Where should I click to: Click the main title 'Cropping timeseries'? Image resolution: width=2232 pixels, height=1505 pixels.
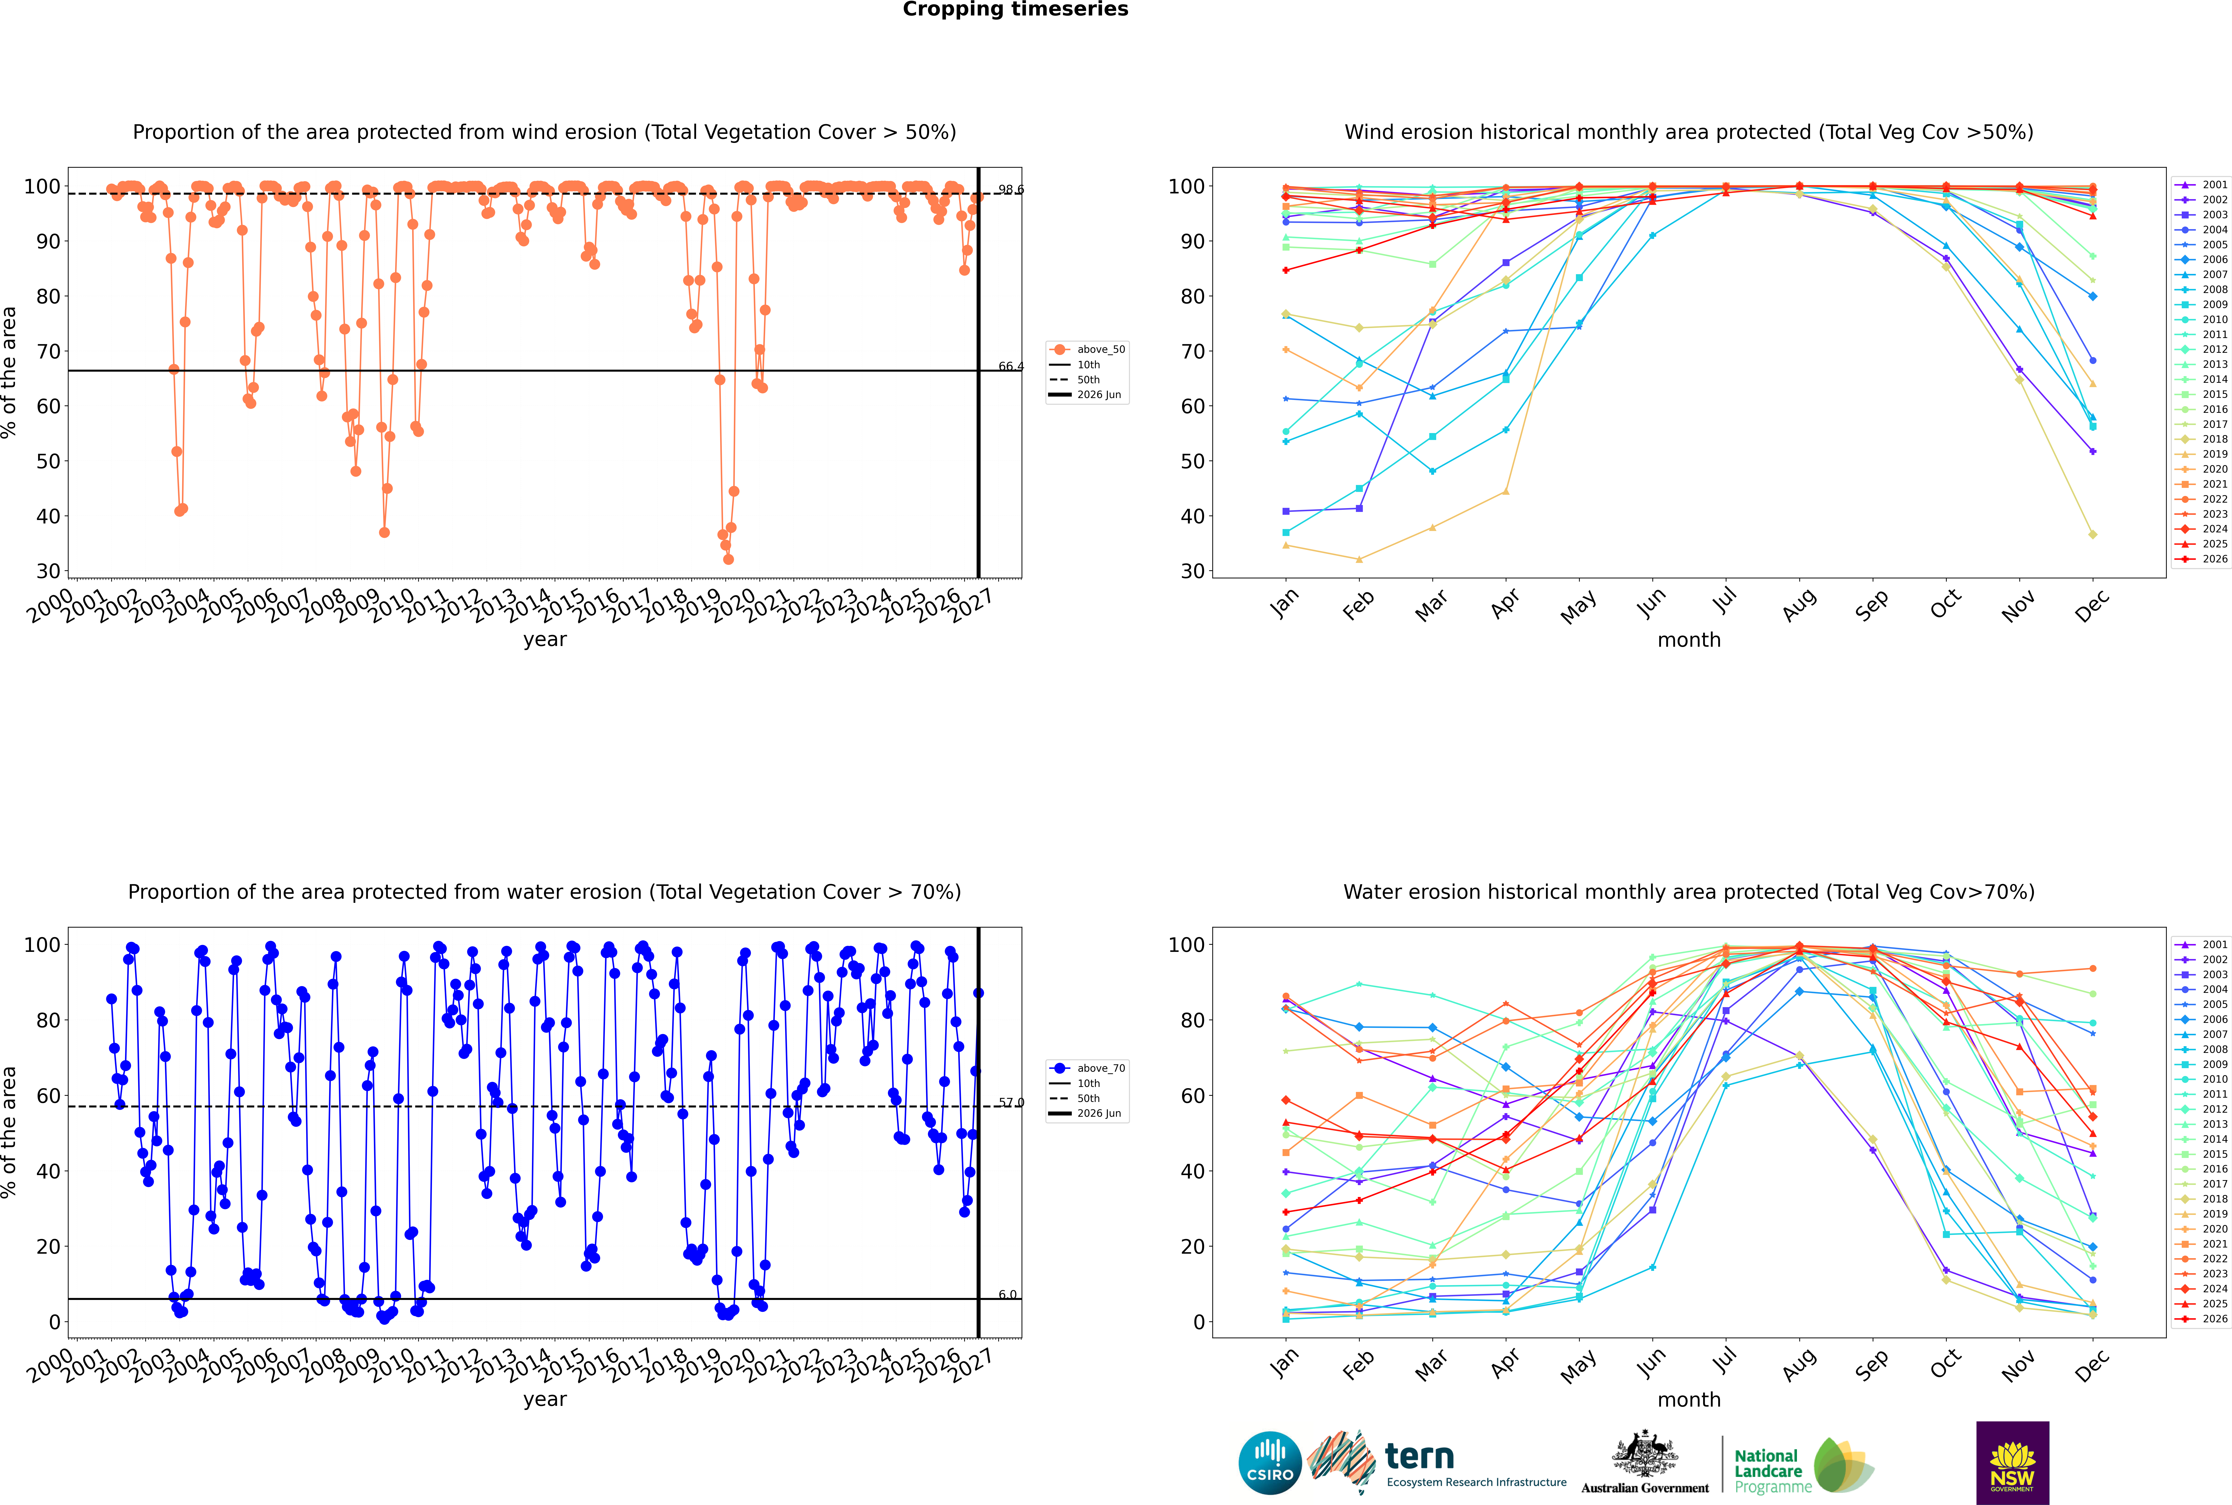[x=1015, y=10]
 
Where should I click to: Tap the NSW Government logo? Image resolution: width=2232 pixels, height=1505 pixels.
[x=2012, y=1463]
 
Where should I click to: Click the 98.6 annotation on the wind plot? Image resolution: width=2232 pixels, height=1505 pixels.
[x=1010, y=190]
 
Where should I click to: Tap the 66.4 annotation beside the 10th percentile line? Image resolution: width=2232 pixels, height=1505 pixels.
[x=1010, y=367]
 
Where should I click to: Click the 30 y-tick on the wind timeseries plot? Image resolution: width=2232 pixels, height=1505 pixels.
[x=48, y=571]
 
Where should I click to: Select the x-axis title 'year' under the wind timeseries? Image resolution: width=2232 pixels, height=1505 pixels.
[x=545, y=640]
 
